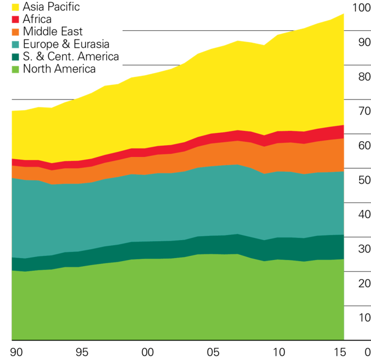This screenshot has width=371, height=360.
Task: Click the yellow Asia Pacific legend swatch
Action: [x=16, y=7]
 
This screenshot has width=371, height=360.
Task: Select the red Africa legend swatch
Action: [x=16, y=19]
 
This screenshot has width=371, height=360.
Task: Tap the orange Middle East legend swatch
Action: [x=16, y=31]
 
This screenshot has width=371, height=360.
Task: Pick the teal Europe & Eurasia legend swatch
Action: [x=16, y=44]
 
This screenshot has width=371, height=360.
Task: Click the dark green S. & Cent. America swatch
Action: [x=16, y=56]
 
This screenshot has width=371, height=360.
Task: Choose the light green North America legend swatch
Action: [x=16, y=69]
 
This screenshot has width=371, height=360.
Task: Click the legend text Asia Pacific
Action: [x=51, y=7]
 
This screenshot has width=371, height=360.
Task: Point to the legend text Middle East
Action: [x=53, y=31]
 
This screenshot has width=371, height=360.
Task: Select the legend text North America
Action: [x=59, y=69]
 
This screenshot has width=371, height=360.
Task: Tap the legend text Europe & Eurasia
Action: [x=66, y=44]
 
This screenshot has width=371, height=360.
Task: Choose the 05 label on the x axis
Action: [x=213, y=353]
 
